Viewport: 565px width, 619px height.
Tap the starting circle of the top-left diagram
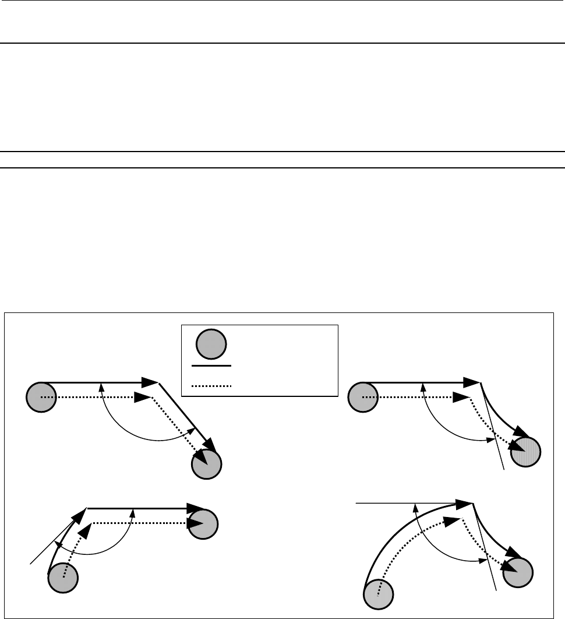41,398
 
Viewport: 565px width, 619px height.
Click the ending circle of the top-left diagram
206,464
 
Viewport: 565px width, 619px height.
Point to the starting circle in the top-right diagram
362,398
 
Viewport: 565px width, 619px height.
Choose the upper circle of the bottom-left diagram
203,523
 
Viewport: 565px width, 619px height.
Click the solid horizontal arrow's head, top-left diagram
150,382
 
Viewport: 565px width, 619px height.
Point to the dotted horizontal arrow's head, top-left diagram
143,398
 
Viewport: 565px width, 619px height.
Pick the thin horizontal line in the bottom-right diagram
396,502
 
